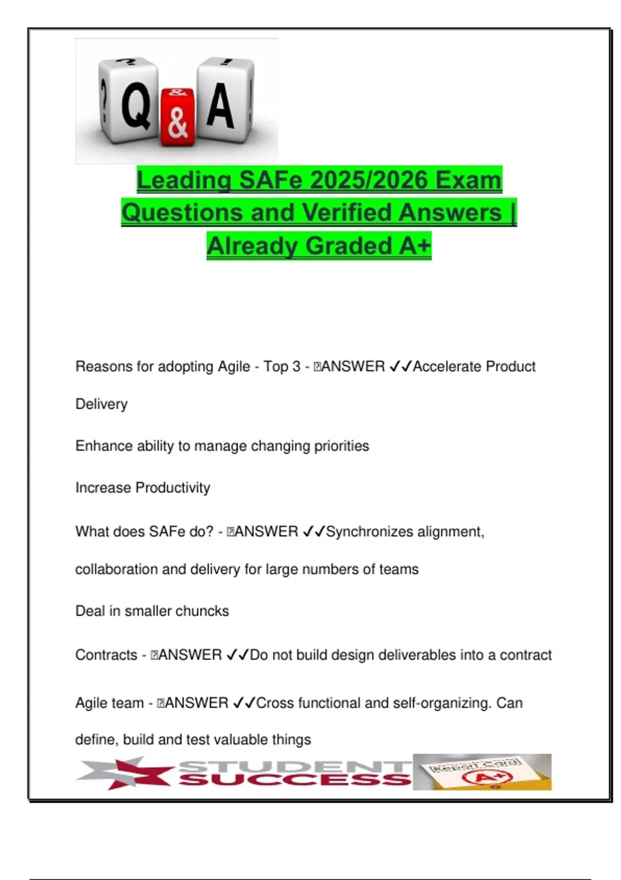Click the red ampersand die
(x=178, y=118)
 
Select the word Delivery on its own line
(x=101, y=404)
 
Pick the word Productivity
(x=173, y=488)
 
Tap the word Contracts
(x=106, y=655)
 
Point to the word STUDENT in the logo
(x=295, y=765)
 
